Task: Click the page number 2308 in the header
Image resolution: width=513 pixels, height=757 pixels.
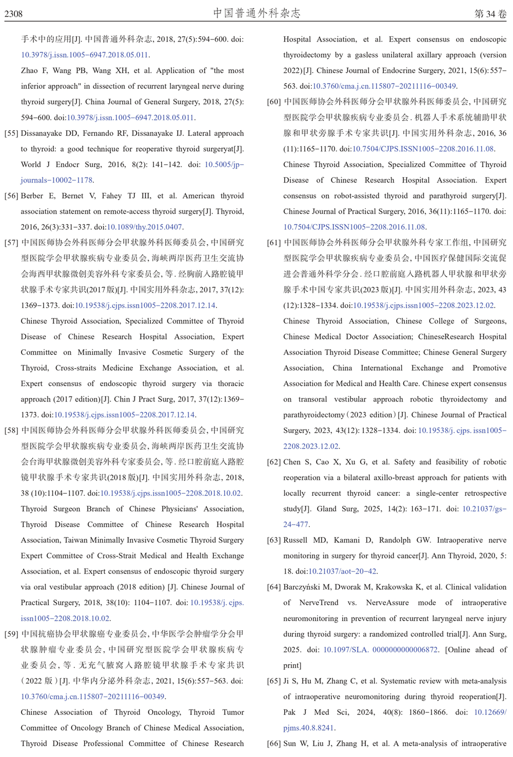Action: click(14, 14)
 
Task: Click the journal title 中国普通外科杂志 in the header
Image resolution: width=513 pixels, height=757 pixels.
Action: click(256, 13)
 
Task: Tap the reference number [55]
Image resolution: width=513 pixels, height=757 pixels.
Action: click(11, 133)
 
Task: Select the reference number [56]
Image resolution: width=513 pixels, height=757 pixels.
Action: click(11, 196)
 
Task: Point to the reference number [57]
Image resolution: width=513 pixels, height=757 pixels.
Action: click(11, 243)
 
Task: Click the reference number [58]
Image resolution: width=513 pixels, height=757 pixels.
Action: click(11, 430)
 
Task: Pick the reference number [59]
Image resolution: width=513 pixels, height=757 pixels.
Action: click(11, 634)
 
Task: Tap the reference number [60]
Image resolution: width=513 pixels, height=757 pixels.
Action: click(274, 102)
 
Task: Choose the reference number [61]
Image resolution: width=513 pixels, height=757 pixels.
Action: click(274, 243)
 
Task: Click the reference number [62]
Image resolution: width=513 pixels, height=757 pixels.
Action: click(274, 462)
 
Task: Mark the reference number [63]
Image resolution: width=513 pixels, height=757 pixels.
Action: click(274, 540)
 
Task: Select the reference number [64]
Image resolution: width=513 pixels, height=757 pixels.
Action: click(274, 587)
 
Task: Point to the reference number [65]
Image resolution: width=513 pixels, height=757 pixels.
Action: click(274, 681)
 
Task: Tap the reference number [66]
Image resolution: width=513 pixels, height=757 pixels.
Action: click(274, 744)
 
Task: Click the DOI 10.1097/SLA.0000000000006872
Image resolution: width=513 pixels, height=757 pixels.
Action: click(380, 650)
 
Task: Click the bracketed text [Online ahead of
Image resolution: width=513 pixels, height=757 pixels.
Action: click(476, 650)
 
